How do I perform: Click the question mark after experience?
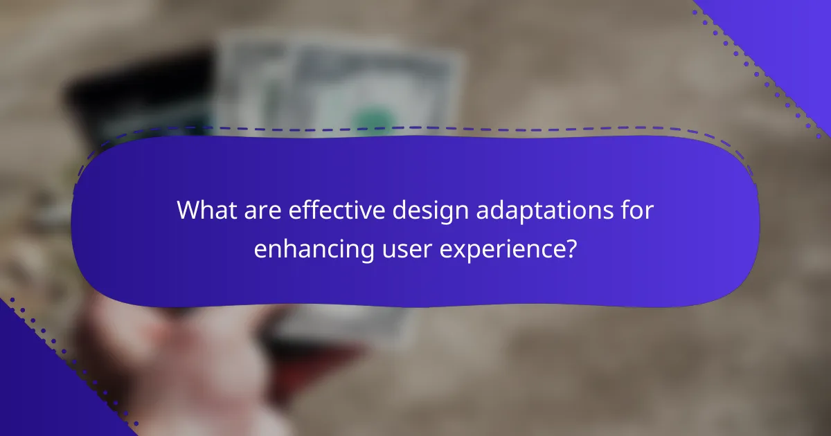[x=570, y=248]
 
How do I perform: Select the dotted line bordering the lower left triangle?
[x=69, y=360]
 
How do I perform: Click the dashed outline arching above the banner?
[x=415, y=128]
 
